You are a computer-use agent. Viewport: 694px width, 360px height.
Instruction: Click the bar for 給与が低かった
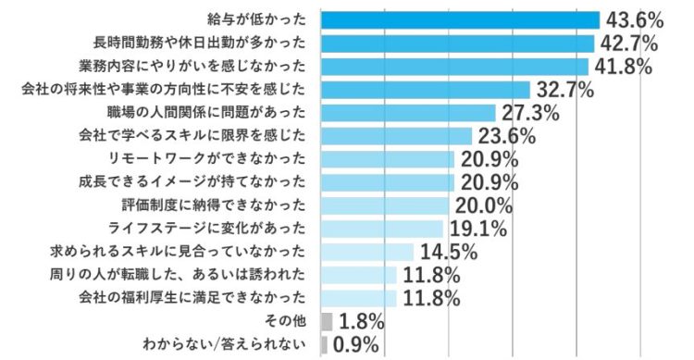coord(460,19)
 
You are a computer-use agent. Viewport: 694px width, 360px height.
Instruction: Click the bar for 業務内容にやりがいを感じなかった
coord(453,66)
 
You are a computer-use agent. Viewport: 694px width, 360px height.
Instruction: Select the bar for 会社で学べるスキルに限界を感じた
coord(395,136)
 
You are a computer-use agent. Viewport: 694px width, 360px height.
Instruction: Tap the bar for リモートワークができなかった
coord(387,159)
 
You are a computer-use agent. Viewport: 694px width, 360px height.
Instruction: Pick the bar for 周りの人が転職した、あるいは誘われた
coord(358,275)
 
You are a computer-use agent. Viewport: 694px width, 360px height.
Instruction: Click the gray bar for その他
coord(326,321)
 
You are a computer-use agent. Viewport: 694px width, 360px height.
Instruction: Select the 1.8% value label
coord(361,322)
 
